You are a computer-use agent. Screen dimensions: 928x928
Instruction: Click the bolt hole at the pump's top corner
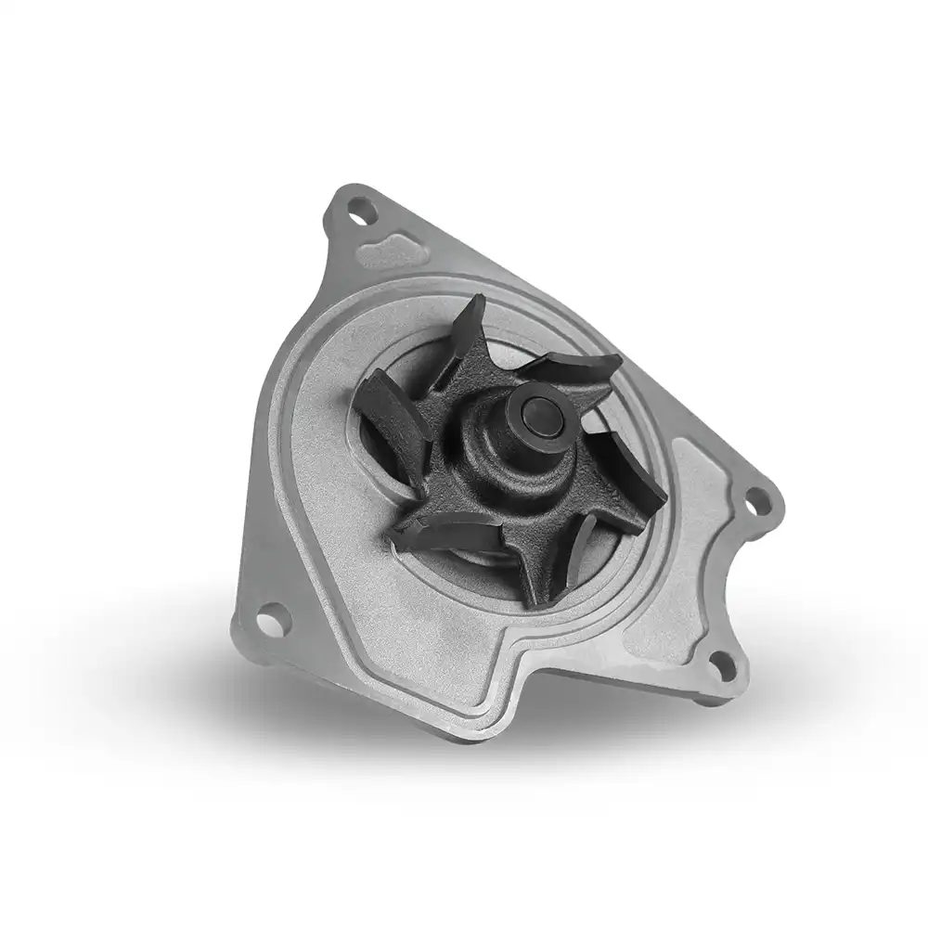[x=363, y=211]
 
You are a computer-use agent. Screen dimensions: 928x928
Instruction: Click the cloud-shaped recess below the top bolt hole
[x=390, y=250]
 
